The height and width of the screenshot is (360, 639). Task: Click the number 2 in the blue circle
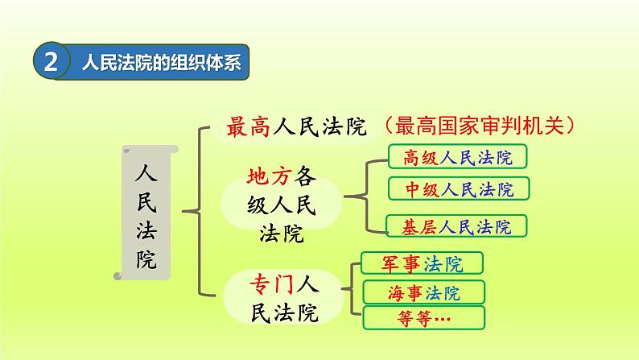51,63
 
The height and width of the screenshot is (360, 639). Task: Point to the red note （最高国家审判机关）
480,126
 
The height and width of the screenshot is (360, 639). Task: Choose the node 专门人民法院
281,296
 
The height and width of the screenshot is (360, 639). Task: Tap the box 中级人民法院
458,189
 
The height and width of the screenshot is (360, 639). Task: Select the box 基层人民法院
456,227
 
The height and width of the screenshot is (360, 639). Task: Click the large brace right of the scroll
197,211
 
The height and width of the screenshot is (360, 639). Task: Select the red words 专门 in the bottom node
263,283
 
